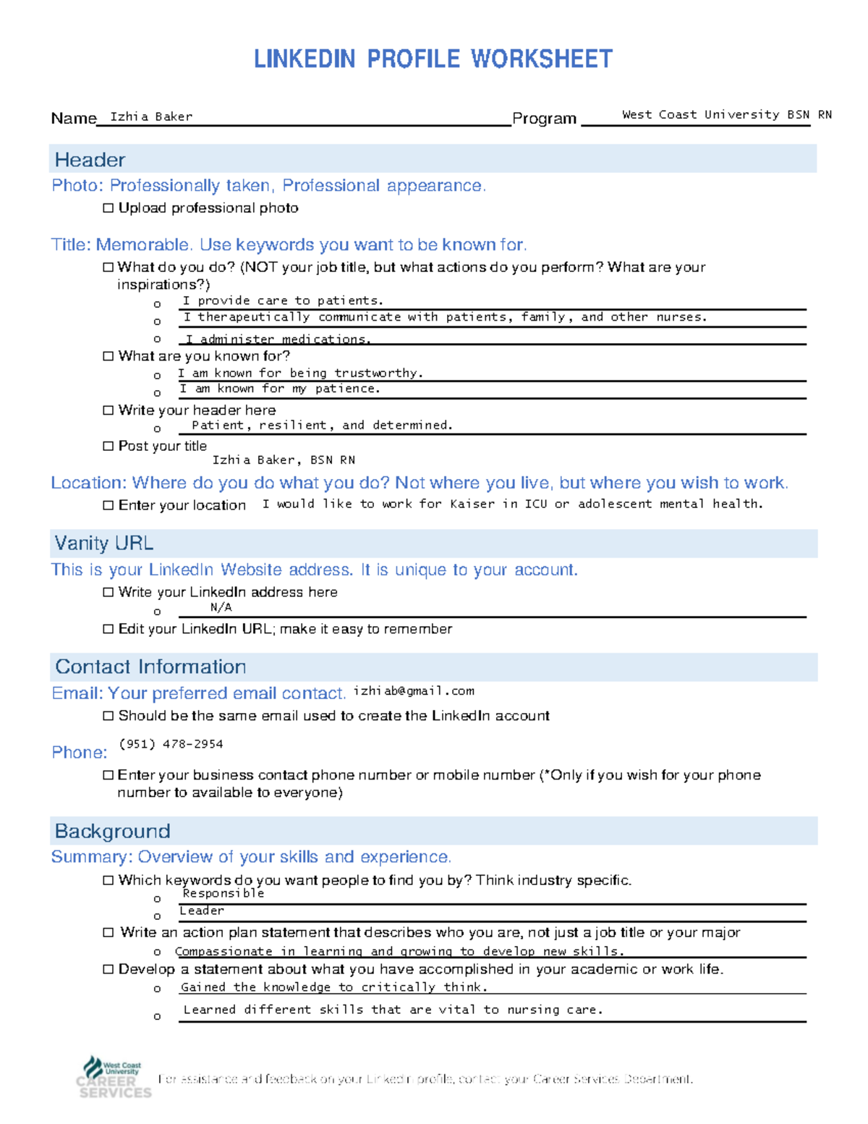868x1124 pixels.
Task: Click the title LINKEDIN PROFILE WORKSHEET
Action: (433, 59)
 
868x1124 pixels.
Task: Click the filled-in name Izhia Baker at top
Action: (151, 117)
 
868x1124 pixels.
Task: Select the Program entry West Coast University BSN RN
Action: (726, 114)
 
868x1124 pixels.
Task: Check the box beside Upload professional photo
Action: (109, 208)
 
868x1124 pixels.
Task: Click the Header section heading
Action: (90, 160)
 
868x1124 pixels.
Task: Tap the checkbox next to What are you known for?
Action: (109, 356)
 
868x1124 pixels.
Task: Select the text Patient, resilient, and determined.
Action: (322, 426)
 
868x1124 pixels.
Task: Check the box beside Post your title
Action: (109, 447)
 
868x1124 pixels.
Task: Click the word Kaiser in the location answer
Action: (472, 504)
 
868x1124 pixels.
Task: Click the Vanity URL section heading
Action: (104, 544)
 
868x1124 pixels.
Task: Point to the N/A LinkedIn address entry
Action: (221, 607)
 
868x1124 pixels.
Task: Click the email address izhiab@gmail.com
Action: (414, 691)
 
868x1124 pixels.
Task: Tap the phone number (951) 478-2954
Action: (171, 744)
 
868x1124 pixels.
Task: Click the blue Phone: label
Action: (80, 753)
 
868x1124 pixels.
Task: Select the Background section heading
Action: (113, 831)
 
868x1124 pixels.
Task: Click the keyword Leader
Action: (202, 910)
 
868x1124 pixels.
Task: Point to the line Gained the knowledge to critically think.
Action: (334, 987)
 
